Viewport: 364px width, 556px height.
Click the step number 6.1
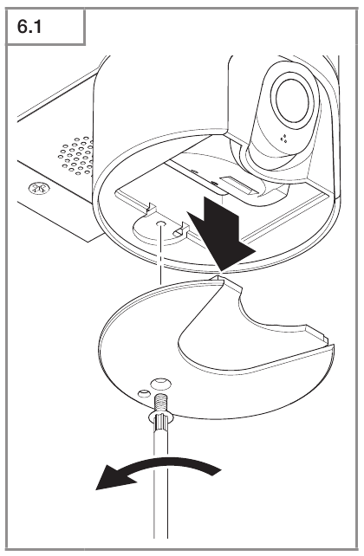[29, 27]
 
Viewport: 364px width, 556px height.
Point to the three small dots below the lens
[283, 139]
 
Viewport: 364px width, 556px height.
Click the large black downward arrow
[221, 235]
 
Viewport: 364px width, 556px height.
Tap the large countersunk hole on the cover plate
[160, 384]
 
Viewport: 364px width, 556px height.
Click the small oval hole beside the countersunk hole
[144, 393]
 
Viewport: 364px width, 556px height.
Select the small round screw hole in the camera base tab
[160, 223]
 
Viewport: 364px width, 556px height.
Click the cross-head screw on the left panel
[39, 188]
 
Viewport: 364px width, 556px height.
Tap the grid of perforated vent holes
[77, 156]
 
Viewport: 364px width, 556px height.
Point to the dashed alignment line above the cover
[160, 255]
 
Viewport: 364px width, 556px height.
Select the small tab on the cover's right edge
[317, 333]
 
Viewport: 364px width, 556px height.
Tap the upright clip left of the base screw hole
[152, 209]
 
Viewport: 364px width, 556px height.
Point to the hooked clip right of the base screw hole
[180, 230]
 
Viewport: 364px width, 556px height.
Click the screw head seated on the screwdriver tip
[160, 417]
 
